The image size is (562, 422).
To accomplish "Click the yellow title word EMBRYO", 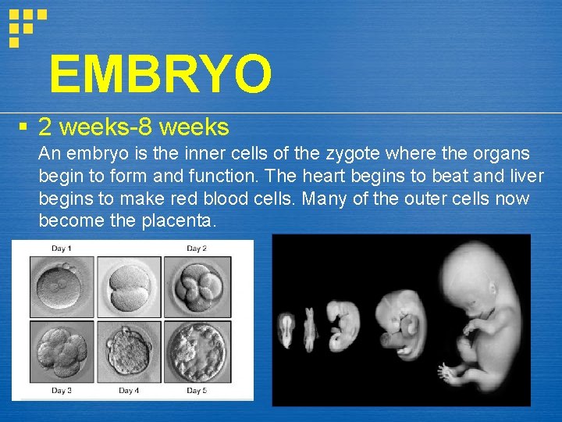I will click(x=160, y=73).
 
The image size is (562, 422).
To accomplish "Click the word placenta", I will click(x=178, y=221).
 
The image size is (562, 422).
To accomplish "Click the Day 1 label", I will click(x=62, y=249).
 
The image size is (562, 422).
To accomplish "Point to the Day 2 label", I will click(x=197, y=249).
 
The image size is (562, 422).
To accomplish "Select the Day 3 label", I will click(x=62, y=390).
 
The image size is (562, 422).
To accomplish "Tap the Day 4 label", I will click(x=129, y=390).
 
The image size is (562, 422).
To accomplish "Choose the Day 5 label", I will click(x=197, y=390).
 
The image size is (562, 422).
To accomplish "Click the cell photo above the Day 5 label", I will click(x=197, y=352).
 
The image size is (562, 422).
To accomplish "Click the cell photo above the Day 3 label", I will click(x=62, y=352).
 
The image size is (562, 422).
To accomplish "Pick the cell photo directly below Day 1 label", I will click(x=62, y=287).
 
